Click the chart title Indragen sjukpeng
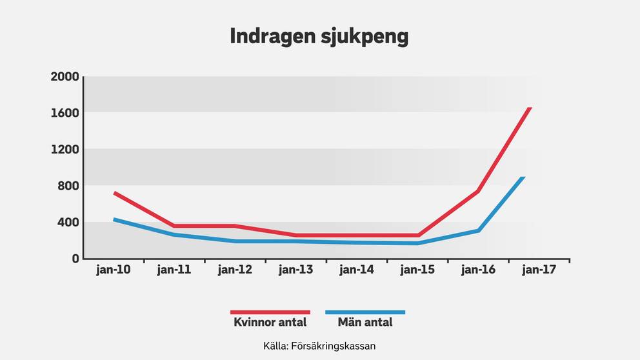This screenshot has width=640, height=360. (x=319, y=36)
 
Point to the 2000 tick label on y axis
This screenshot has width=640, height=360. (x=65, y=77)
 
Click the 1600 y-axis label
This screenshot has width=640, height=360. (x=65, y=113)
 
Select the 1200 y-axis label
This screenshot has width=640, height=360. (x=65, y=150)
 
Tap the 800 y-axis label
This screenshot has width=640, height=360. (x=68, y=186)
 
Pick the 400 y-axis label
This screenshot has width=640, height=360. (x=68, y=223)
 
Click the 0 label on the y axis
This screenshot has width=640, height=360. (x=75, y=259)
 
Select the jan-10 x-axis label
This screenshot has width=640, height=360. (x=114, y=270)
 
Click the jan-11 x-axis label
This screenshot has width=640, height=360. (x=174, y=270)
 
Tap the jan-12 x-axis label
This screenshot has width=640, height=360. (x=235, y=270)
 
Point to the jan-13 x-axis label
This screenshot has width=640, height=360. (x=296, y=270)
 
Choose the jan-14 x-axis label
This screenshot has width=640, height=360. (x=357, y=270)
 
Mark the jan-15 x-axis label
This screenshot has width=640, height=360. (x=418, y=270)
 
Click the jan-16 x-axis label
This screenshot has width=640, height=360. (x=479, y=270)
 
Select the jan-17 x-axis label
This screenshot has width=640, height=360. (x=539, y=270)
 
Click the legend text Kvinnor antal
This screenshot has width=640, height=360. (x=270, y=322)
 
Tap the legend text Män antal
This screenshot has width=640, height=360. (x=365, y=322)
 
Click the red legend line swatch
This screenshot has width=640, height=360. (x=270, y=312)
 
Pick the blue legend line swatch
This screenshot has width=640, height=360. (x=365, y=312)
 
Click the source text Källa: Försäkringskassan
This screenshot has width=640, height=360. (x=319, y=346)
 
